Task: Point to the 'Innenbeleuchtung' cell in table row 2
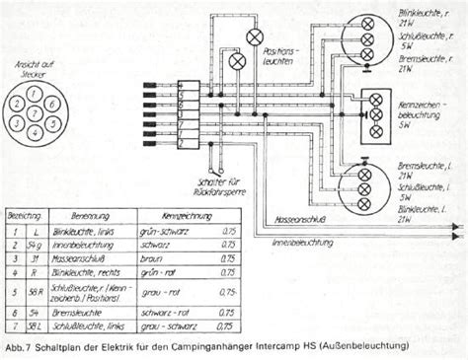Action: point(83,241)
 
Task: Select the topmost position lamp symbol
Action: point(255,36)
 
